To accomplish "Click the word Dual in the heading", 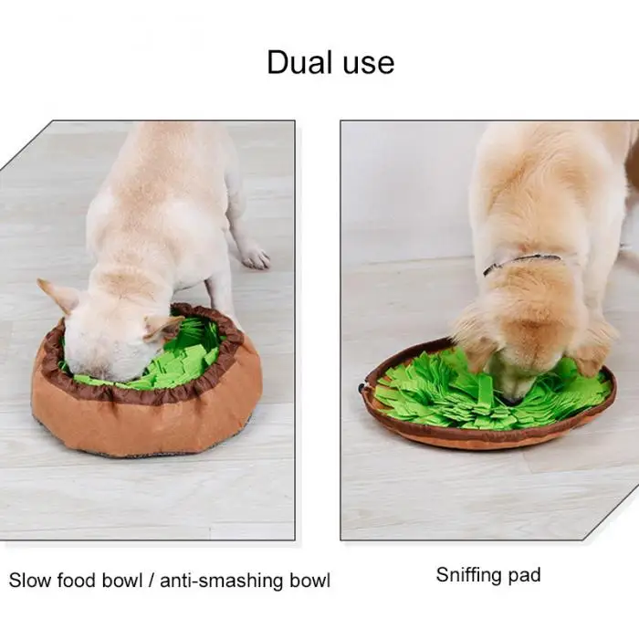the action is tap(299, 62).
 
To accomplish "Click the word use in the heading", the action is tap(369, 65).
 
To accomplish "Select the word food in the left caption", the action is tap(77, 580).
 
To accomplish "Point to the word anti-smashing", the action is tap(221, 581).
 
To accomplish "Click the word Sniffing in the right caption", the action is tap(468, 575).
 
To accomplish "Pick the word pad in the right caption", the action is tap(525, 576).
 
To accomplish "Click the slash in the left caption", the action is tap(152, 581).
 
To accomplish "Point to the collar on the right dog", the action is tap(521, 263).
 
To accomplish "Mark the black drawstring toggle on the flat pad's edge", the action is tap(362, 388).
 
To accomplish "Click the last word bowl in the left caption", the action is tap(309, 581).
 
